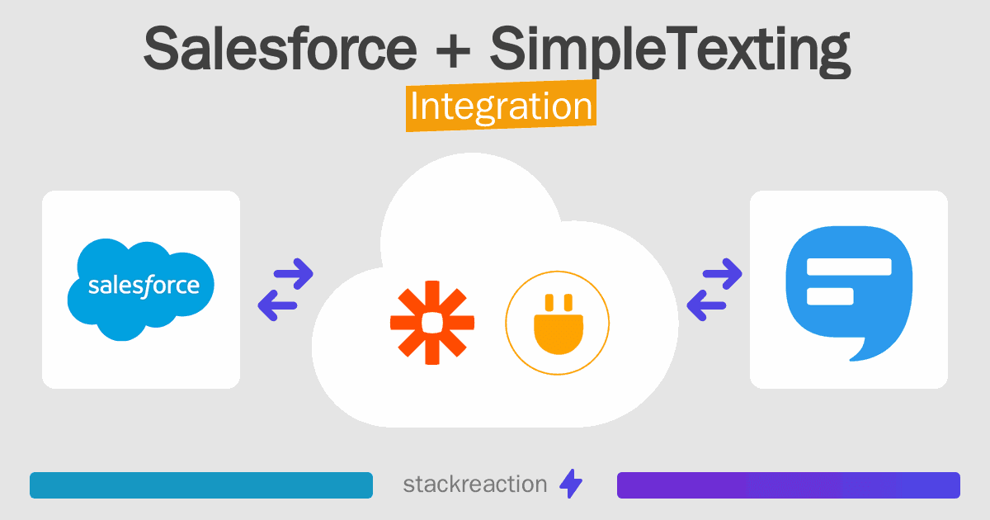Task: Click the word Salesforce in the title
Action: point(280,49)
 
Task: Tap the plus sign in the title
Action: point(453,52)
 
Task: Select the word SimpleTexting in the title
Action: point(670,51)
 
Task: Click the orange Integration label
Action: point(502,106)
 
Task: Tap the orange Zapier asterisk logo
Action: point(432,323)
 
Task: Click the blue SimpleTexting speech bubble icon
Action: point(849,292)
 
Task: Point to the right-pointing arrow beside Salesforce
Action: point(294,274)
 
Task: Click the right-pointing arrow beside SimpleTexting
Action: point(722,274)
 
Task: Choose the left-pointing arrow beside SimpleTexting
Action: point(706,305)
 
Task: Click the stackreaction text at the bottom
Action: point(475,485)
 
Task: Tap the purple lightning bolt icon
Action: point(571,484)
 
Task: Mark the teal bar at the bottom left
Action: point(201,485)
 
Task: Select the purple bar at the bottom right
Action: point(789,485)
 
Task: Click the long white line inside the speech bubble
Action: point(849,267)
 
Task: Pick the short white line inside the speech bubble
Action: point(830,296)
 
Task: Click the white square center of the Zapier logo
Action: point(432,323)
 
